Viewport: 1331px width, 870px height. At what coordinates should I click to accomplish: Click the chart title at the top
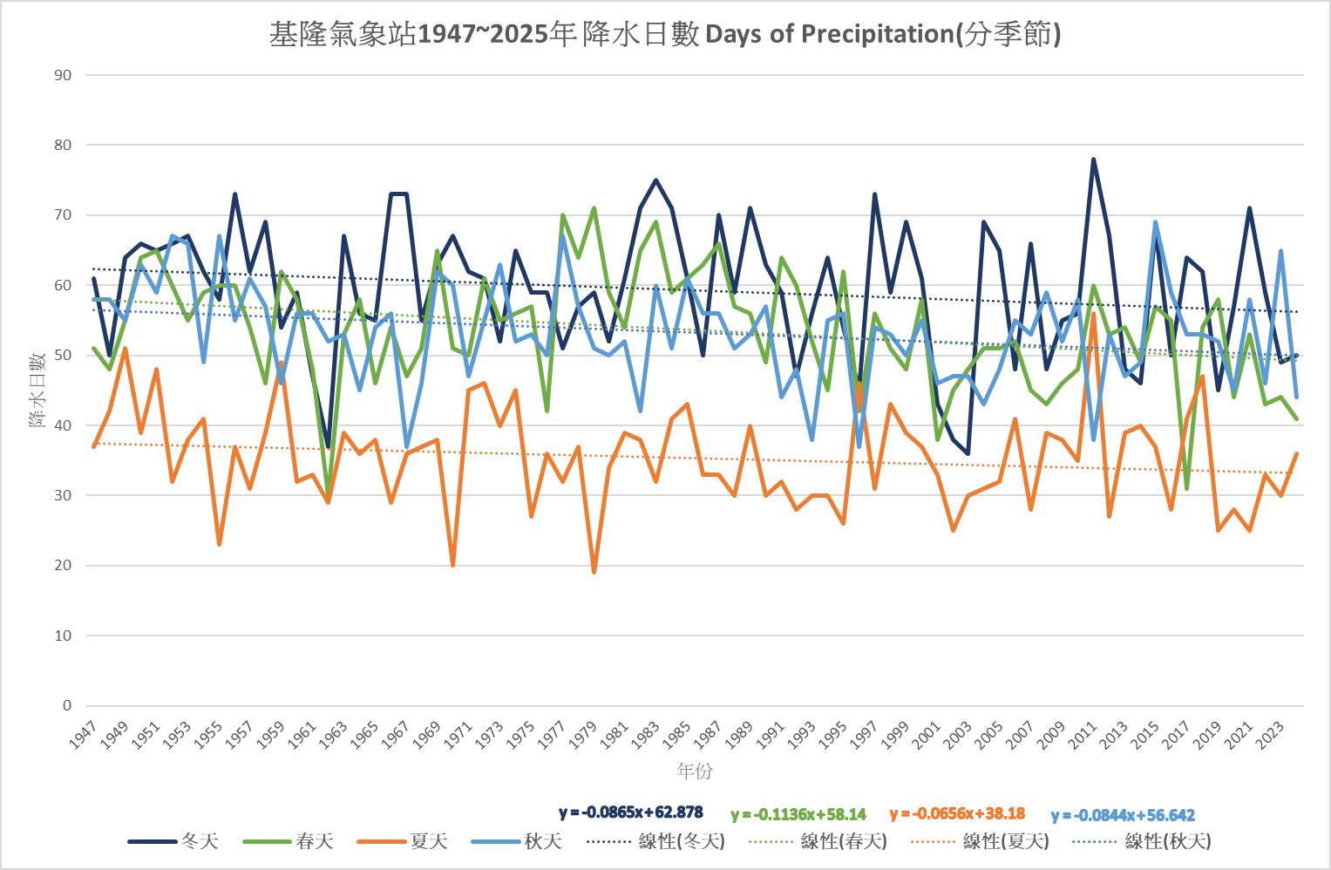(x=665, y=34)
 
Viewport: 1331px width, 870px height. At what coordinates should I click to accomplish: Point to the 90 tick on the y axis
(x=63, y=75)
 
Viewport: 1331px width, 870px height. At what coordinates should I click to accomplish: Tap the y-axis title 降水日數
(x=37, y=390)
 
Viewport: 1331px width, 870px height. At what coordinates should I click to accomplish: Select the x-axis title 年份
(x=695, y=771)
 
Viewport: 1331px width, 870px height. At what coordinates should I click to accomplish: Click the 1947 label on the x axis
(x=85, y=737)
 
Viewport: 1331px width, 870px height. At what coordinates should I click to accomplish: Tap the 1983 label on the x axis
(x=646, y=737)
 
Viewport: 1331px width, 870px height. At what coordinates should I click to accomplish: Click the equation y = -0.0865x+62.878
(x=631, y=812)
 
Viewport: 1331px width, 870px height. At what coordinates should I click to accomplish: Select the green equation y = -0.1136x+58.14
(x=798, y=814)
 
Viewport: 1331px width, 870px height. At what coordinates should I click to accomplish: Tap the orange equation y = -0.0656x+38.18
(x=957, y=813)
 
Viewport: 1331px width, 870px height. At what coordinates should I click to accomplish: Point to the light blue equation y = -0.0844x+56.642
(x=1123, y=815)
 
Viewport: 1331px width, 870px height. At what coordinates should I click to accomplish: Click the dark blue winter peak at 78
(x=1093, y=160)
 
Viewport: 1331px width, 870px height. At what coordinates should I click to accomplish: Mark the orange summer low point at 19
(x=594, y=572)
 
